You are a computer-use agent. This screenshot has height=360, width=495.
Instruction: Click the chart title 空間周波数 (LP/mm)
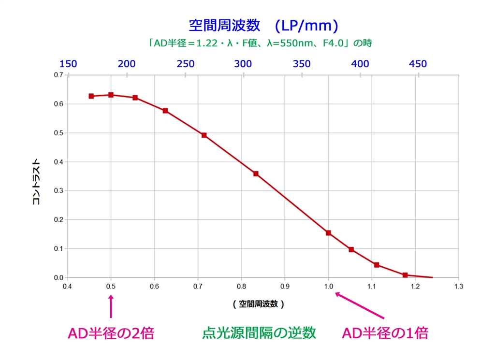point(263,25)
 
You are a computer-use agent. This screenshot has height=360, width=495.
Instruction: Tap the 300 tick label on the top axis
point(243,64)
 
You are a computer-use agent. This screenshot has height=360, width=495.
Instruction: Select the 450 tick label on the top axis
point(418,64)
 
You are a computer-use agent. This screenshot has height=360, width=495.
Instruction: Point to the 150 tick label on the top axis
point(68,64)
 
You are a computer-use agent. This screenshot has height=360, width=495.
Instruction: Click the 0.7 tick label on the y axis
point(58,75)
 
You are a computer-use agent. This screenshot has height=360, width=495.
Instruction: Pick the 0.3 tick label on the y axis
point(58,191)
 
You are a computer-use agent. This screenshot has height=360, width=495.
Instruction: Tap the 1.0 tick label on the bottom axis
point(328,287)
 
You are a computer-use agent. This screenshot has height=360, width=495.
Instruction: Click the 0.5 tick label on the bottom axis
point(111,287)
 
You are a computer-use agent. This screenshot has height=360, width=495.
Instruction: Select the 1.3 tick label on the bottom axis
point(458,287)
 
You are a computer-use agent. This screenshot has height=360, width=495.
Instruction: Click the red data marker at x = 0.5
point(111,95)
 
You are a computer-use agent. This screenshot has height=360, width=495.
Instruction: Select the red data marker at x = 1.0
point(328,233)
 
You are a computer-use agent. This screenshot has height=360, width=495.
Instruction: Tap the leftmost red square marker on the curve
point(91,96)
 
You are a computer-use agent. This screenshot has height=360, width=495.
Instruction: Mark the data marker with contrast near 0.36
point(256,173)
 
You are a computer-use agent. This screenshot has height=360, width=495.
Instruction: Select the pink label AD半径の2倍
point(111,333)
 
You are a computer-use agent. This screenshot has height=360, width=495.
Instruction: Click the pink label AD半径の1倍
point(385,333)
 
